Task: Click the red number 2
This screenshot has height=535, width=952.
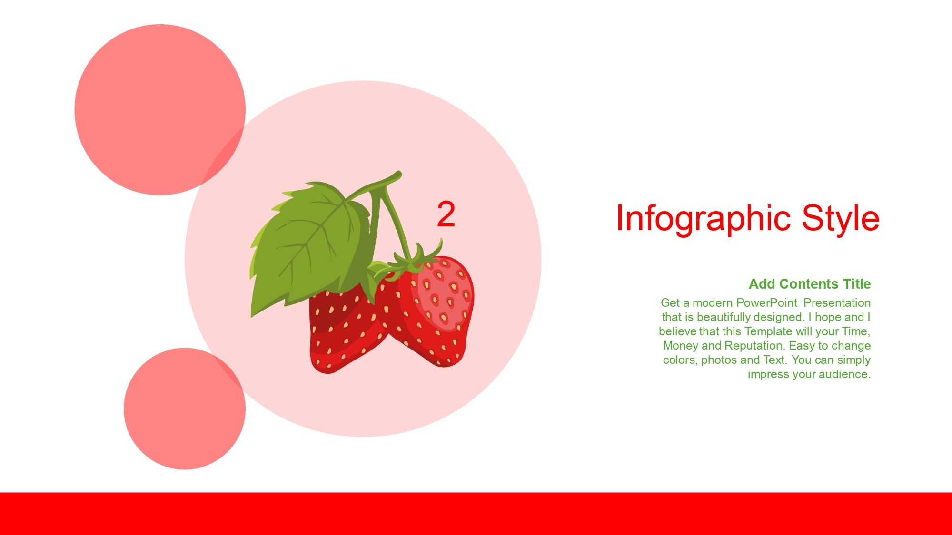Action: tap(446, 214)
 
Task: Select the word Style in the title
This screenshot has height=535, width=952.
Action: tap(841, 219)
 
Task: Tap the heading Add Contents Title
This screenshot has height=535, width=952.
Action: tap(810, 284)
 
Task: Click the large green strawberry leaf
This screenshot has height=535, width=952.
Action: tap(309, 247)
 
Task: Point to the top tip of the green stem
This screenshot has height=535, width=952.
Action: tap(399, 174)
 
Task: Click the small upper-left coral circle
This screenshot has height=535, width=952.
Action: tap(160, 109)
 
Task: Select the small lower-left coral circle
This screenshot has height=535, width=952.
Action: tap(185, 409)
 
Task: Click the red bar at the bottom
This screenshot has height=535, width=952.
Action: tap(476, 514)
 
